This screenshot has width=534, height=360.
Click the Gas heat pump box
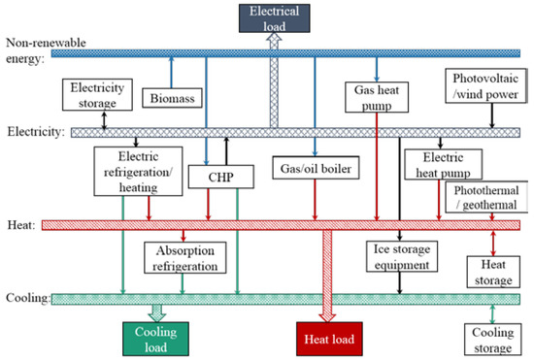tap(374, 96)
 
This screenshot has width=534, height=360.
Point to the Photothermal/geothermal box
tap(485, 197)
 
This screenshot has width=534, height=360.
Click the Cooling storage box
tap(492, 340)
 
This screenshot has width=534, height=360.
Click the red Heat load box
tap(328, 340)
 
